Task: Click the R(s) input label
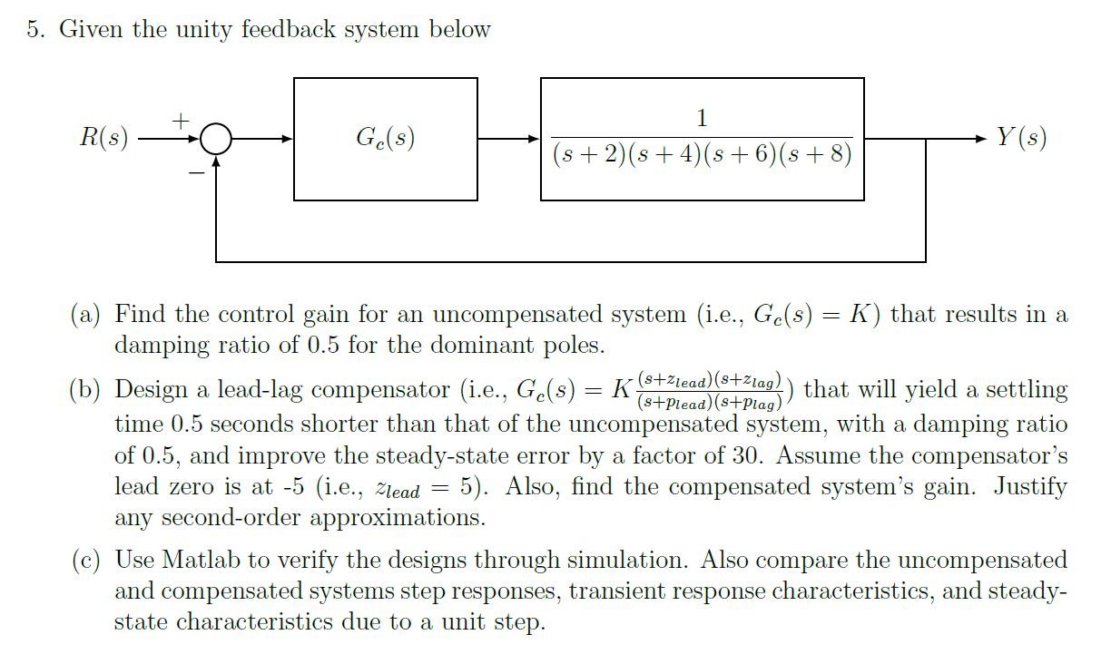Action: pos(103,139)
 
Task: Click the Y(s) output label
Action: pos(1021,139)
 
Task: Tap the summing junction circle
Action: pos(216,140)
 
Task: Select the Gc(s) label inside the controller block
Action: pos(385,139)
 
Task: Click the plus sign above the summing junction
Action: pos(181,119)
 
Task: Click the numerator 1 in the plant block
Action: pos(702,118)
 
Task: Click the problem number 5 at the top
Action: pos(34,29)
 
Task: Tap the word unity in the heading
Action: pos(204,29)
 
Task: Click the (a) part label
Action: pos(86,315)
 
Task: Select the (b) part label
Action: pos(86,390)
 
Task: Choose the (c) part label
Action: pos(86,560)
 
